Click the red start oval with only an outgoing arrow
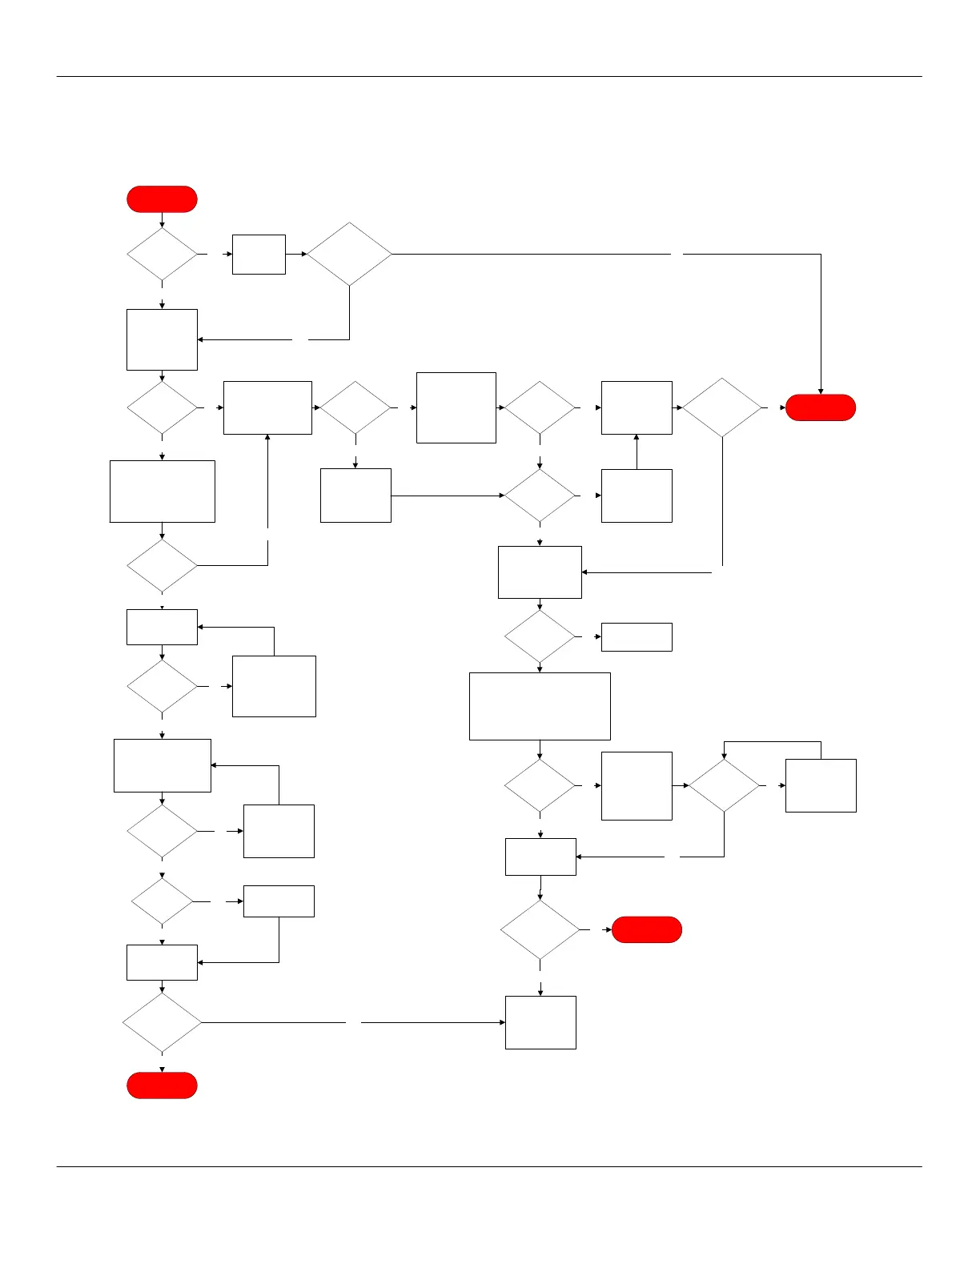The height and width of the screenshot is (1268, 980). [162, 199]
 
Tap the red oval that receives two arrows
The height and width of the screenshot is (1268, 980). [821, 407]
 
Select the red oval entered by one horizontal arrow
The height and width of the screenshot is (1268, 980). [647, 929]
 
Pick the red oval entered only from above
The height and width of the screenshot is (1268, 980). [162, 1085]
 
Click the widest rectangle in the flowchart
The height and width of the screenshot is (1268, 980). [540, 706]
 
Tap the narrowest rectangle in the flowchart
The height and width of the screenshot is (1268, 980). [259, 255]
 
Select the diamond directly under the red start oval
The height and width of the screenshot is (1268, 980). [162, 255]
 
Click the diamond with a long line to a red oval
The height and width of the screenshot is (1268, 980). [349, 255]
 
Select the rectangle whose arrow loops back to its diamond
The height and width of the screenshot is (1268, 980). [821, 785]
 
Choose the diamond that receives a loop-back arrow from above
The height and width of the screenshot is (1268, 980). [724, 785]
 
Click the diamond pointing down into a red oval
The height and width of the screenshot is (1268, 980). [162, 1022]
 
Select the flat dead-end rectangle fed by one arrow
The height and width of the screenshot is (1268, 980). [637, 637]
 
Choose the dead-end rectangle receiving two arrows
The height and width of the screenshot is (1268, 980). [540, 1022]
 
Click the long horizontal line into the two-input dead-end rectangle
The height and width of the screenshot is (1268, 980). [432, 1022]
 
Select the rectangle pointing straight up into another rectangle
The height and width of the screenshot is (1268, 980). [637, 496]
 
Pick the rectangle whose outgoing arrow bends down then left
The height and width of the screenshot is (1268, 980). [279, 901]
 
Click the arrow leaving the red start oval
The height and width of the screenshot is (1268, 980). [162, 220]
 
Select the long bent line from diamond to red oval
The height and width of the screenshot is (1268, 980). [753, 255]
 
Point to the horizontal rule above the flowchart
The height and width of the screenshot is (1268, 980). [488, 77]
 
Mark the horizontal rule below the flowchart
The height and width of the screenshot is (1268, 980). [488, 1166]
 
